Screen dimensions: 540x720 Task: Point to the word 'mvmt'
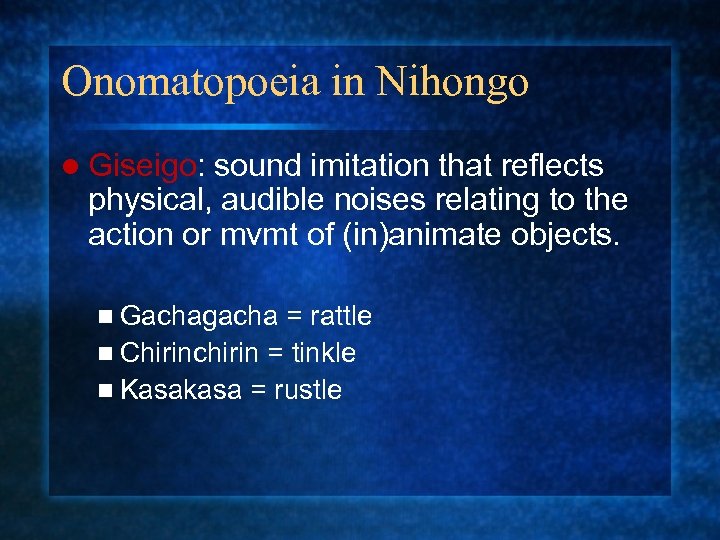[x=280, y=236]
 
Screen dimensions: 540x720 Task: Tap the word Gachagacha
[x=198, y=317]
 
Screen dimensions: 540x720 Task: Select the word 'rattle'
[x=341, y=317]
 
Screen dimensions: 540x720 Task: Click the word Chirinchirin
[x=190, y=353]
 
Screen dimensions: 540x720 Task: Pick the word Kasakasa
[x=180, y=390]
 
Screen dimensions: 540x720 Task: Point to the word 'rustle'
[x=306, y=390]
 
